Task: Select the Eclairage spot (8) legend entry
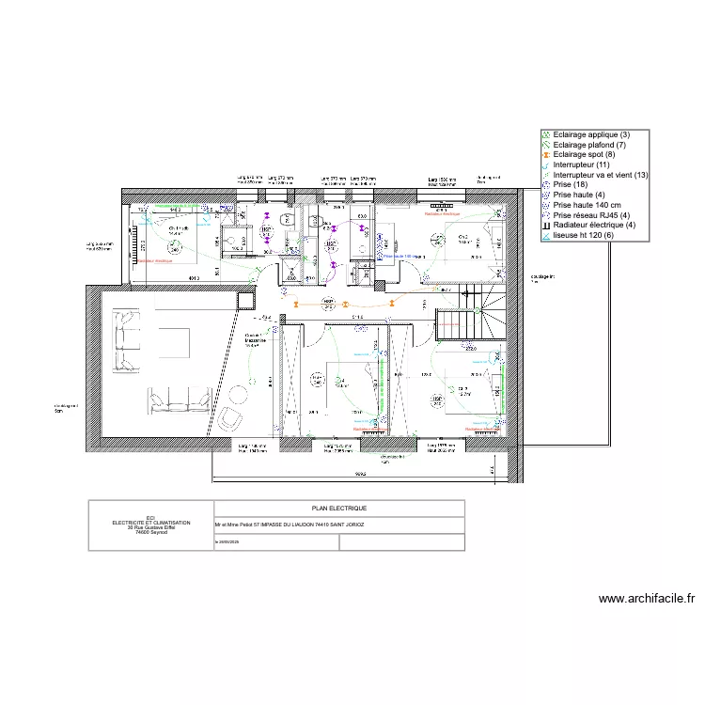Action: pyautogui.click(x=587, y=155)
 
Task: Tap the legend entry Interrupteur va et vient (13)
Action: pyautogui.click(x=601, y=175)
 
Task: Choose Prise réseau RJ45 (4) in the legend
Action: pyautogui.click(x=592, y=215)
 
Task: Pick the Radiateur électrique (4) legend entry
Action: pyautogui.click(x=594, y=225)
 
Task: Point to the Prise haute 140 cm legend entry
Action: pyautogui.click(x=589, y=205)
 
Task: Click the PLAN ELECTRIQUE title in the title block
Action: pyautogui.click(x=339, y=508)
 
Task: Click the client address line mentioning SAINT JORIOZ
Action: pyautogui.click(x=290, y=525)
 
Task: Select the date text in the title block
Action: pyautogui.click(x=229, y=542)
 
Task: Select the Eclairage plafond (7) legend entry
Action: pyautogui.click(x=590, y=145)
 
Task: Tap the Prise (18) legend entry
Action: pyautogui.click(x=572, y=185)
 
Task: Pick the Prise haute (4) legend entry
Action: pyautogui.click(x=579, y=196)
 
